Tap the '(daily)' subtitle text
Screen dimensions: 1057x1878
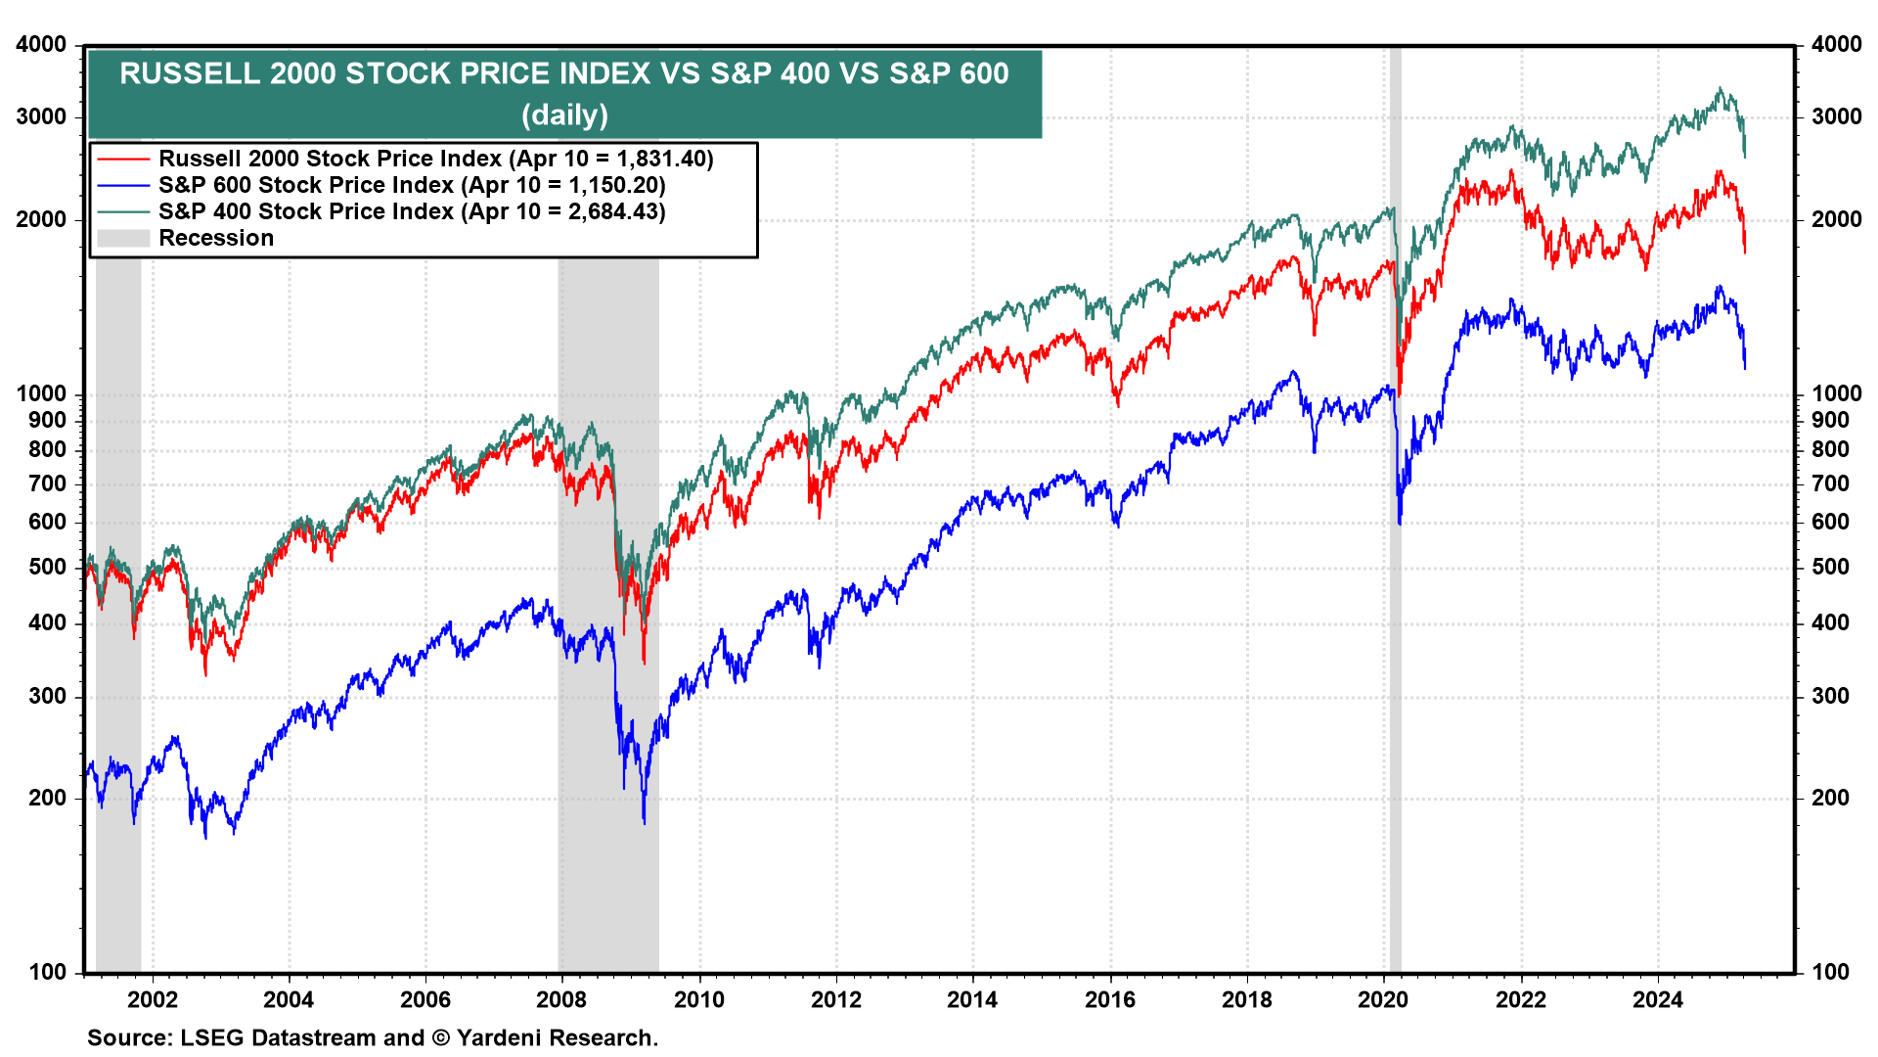[564, 115]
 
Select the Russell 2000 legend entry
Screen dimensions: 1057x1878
[435, 159]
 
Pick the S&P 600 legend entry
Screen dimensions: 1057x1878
[411, 185]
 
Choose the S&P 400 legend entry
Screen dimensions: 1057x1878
[411, 211]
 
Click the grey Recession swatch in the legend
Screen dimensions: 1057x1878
[122, 238]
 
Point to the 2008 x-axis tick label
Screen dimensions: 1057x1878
[561, 999]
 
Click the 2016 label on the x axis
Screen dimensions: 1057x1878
[1110, 999]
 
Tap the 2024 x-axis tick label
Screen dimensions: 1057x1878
[1658, 999]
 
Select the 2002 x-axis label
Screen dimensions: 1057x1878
[153, 999]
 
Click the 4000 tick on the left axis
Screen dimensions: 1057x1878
[42, 44]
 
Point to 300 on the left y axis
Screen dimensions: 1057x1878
[48, 696]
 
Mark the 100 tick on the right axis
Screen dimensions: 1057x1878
[1830, 972]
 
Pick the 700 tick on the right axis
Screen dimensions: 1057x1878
[1830, 483]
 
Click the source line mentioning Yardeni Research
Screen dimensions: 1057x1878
[372, 1037]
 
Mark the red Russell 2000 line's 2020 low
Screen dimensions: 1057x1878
[1400, 394]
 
